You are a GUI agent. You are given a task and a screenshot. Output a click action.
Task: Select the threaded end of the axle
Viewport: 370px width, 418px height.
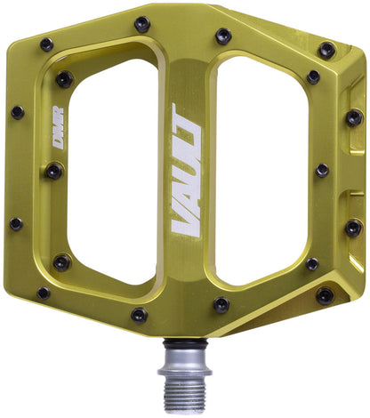coord(184,387)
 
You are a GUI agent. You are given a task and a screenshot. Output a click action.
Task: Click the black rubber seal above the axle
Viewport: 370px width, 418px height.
coord(184,341)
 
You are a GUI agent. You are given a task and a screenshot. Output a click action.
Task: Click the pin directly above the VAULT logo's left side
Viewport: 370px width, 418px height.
coord(141,24)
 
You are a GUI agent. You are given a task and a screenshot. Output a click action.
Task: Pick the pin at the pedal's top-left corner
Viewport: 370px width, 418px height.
coord(46,44)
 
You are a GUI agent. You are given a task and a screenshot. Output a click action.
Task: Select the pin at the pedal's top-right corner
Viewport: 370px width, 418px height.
coord(326,50)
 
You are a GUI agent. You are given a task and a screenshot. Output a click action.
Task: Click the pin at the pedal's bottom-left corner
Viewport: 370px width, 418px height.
coord(44,292)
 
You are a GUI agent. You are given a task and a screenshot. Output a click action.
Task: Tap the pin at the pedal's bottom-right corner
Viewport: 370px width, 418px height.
coord(326,294)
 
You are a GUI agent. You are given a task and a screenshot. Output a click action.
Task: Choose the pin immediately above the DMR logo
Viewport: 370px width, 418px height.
coord(64,79)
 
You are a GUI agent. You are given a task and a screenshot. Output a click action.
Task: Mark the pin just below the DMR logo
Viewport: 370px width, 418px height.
coord(55,170)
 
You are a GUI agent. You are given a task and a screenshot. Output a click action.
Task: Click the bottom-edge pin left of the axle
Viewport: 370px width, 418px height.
coord(140,314)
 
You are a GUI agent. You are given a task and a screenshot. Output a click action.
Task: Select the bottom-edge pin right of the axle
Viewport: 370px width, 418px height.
coord(221,304)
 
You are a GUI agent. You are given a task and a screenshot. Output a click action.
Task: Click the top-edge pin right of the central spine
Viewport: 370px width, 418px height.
coord(223,36)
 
